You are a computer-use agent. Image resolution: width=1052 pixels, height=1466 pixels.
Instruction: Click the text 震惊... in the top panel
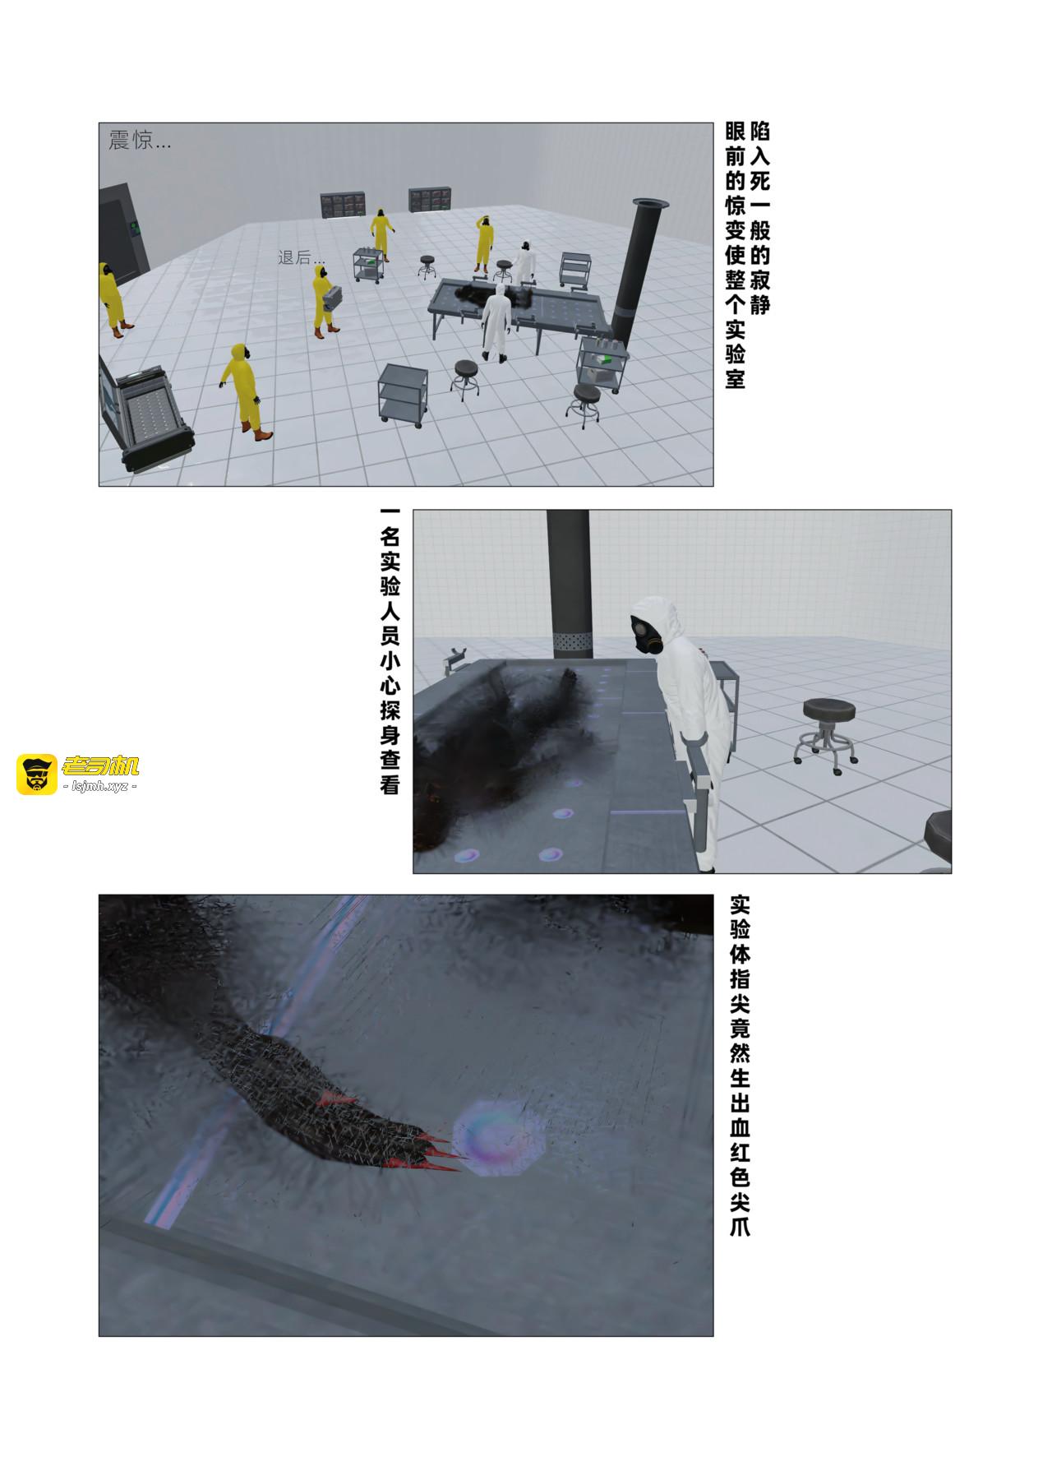(x=140, y=141)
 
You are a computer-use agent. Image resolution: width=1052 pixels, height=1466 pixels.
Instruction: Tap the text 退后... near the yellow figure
(x=301, y=257)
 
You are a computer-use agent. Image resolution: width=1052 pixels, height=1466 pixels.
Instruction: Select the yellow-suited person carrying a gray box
(x=325, y=299)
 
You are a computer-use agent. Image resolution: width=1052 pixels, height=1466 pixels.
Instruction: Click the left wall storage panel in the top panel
(x=343, y=206)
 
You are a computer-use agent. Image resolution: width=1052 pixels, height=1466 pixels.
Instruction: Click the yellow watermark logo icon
(x=36, y=774)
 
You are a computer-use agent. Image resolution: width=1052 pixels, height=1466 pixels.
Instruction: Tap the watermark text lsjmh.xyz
(x=99, y=787)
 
